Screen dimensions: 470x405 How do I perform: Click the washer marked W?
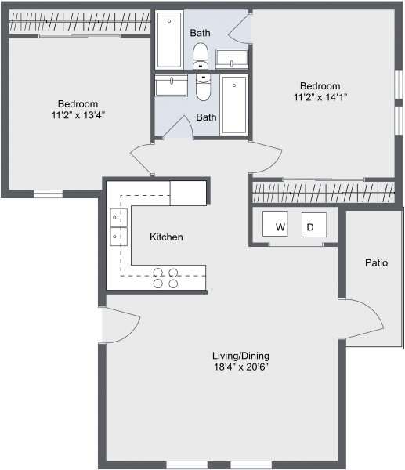[275, 226]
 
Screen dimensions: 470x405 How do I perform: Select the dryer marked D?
[313, 226]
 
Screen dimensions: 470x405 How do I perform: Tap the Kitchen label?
[166, 237]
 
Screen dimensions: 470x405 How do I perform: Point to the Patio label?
[376, 262]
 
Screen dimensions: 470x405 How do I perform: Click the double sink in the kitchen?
[118, 225]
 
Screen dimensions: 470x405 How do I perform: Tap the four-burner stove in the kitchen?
[165, 278]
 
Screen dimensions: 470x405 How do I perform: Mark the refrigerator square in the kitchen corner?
[188, 192]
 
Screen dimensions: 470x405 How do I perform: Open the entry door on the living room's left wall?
[120, 324]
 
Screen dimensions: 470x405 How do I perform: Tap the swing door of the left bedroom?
[146, 159]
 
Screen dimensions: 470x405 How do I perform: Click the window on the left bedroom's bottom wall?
[48, 193]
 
